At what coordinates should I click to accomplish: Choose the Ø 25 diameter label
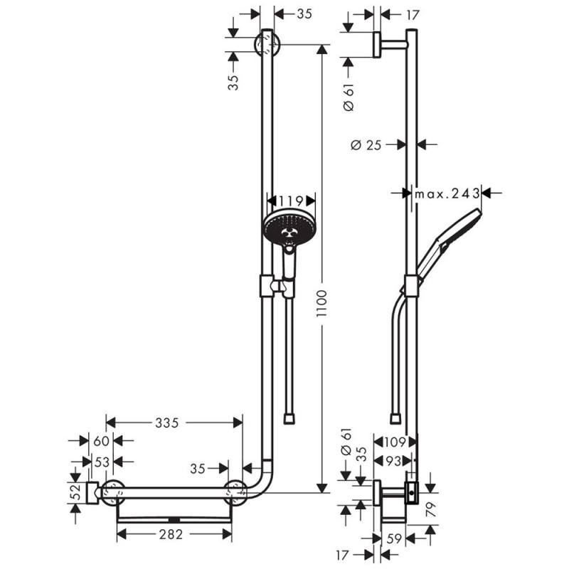click(x=367, y=144)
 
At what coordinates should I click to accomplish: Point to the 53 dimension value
click(x=102, y=462)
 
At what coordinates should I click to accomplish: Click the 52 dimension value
click(x=75, y=492)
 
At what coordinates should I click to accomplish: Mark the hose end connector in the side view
click(x=395, y=416)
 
